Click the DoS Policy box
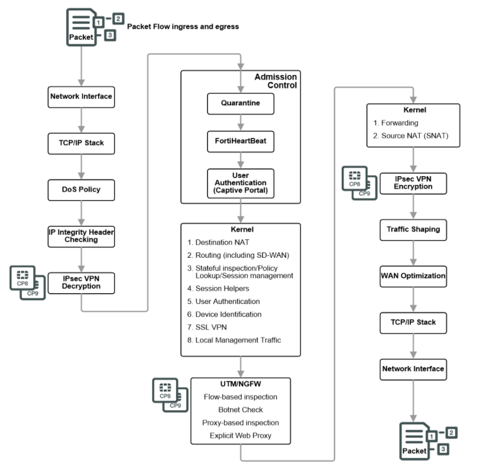point(81,189)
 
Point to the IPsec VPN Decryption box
point(81,282)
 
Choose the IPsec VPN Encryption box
point(413,183)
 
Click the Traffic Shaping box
point(413,229)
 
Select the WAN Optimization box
point(413,275)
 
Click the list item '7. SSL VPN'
point(208,327)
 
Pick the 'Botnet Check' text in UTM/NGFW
point(240,410)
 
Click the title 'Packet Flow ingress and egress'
point(183,27)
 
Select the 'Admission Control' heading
point(275,81)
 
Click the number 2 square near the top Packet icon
point(119,19)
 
